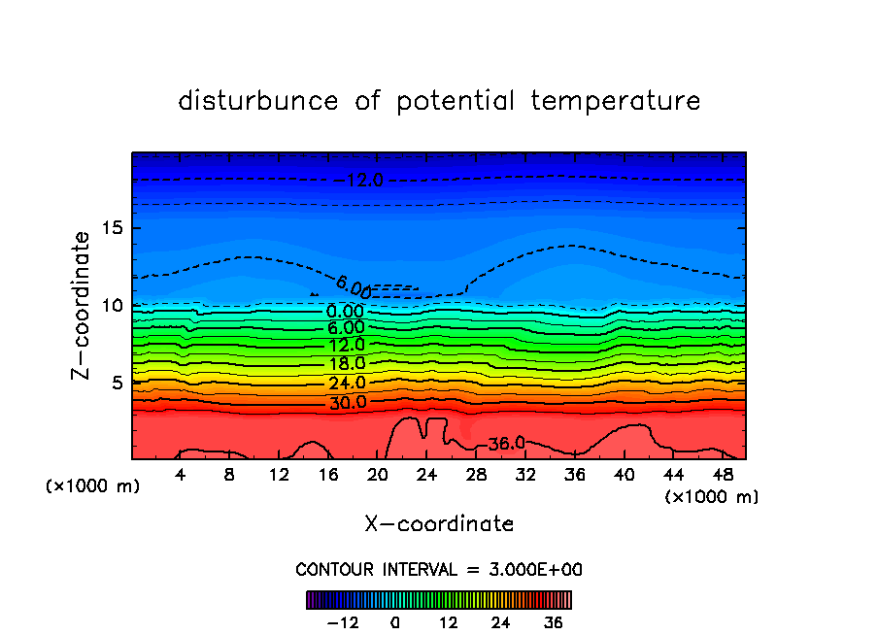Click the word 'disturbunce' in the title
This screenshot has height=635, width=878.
[258, 101]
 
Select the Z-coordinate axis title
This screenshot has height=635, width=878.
[82, 305]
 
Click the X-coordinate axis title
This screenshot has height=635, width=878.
[439, 524]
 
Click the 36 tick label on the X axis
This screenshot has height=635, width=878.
[574, 475]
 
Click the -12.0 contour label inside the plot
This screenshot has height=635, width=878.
[361, 180]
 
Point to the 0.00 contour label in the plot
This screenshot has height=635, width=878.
[346, 311]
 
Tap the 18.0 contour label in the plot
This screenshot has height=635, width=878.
[346, 364]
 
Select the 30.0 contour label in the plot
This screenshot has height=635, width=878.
[346, 402]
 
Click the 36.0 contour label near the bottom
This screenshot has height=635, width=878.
[506, 443]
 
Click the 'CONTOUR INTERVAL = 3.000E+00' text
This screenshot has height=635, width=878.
[439, 569]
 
